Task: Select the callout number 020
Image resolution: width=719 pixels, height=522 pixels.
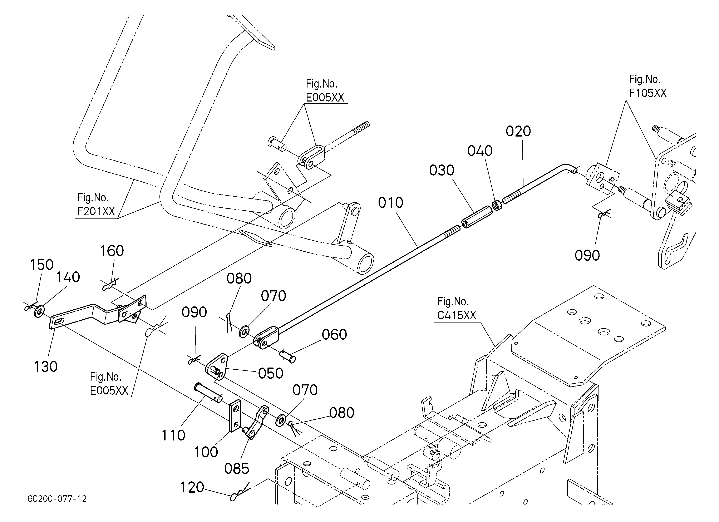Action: [x=518, y=131]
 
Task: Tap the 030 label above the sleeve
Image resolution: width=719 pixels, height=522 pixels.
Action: [x=442, y=171]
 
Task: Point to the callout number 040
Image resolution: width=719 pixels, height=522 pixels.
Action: [x=480, y=151]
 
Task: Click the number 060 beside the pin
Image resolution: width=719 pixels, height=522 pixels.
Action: [x=334, y=334]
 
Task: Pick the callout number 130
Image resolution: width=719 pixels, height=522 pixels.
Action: [x=46, y=367]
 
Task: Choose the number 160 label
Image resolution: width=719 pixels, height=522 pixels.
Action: [x=112, y=251]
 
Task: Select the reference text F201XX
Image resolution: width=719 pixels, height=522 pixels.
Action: [x=96, y=211]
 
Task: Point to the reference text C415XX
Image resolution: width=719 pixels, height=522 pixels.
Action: [x=457, y=315]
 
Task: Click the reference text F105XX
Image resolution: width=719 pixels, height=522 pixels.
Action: [x=648, y=93]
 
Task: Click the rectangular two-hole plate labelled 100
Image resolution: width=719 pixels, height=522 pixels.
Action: [x=235, y=415]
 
